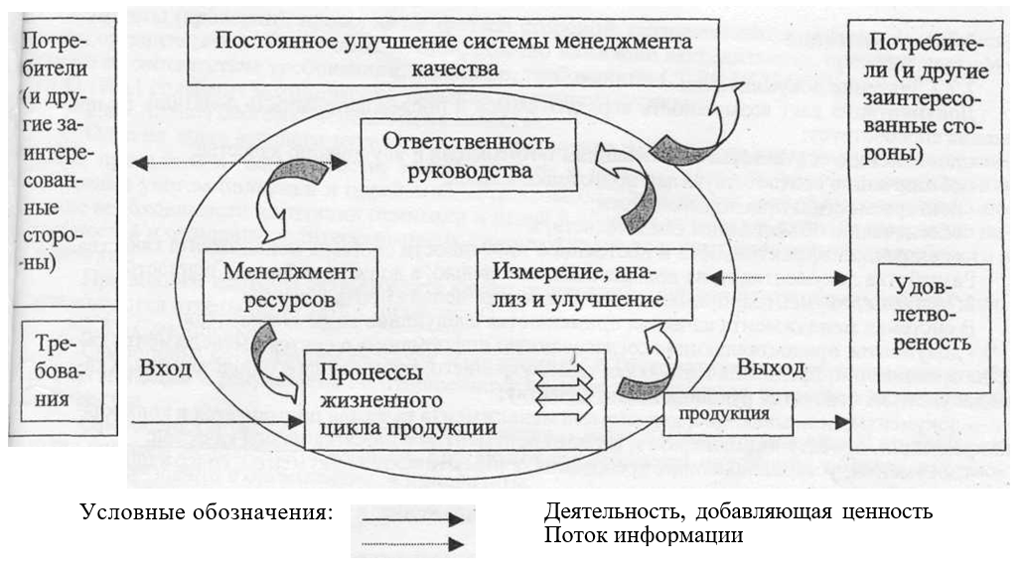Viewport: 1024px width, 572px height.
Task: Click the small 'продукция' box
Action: click(730, 412)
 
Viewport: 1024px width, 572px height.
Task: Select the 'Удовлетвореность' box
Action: click(930, 317)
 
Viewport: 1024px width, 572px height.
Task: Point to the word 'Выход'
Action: click(771, 367)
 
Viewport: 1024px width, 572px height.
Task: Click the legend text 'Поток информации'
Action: click(644, 535)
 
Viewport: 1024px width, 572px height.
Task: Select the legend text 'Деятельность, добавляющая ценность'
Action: click(738, 512)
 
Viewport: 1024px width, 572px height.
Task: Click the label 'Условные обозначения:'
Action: click(204, 513)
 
